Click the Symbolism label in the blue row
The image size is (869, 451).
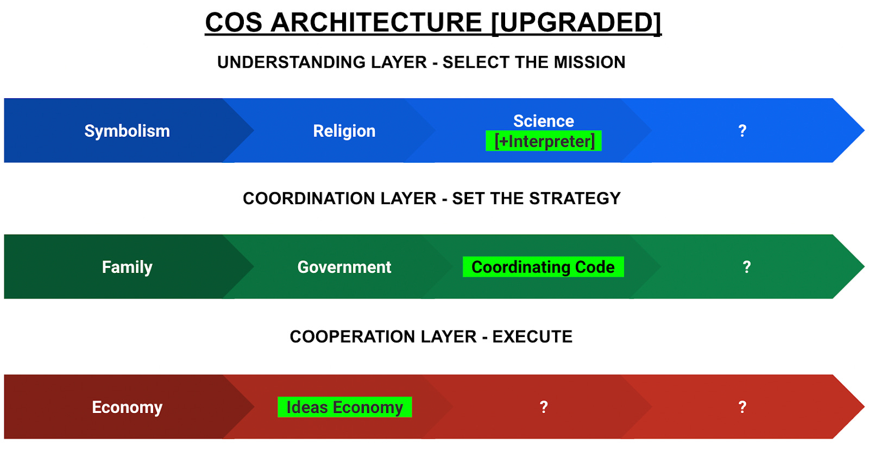127,131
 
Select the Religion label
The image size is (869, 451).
344,131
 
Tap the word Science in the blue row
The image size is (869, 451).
543,120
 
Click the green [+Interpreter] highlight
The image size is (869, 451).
544,141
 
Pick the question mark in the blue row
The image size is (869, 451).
742,131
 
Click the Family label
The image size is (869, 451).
127,267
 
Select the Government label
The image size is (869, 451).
344,267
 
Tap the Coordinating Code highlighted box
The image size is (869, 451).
543,267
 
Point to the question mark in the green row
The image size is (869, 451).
746,267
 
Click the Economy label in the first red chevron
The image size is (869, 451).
127,407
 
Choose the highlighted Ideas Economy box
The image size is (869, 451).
344,407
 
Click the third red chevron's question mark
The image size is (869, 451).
543,407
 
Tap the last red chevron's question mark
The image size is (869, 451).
742,407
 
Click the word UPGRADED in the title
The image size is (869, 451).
577,23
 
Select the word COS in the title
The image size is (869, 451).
234,23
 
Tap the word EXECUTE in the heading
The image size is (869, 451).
532,337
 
